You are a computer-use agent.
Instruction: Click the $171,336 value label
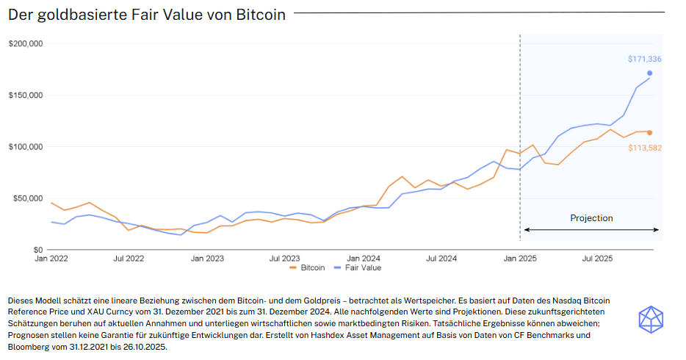tap(644, 59)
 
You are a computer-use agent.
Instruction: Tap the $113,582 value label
tap(644, 148)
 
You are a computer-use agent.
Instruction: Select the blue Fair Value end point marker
tap(650, 73)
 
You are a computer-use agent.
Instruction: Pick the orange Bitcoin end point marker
tap(650, 132)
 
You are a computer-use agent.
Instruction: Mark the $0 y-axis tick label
tap(37, 250)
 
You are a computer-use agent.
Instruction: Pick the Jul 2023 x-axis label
tap(285, 259)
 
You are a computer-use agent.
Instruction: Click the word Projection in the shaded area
tap(591, 218)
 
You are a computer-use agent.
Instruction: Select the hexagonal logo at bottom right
tap(650, 319)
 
